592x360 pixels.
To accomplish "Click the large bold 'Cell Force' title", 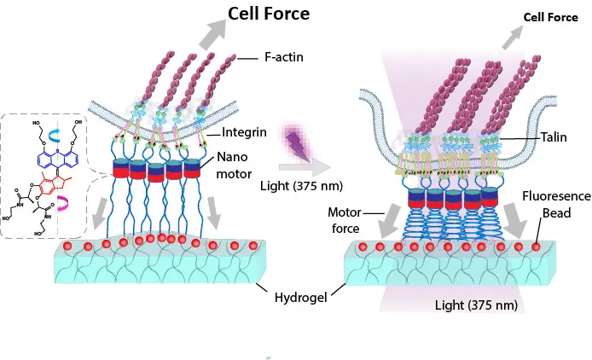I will click(267, 14).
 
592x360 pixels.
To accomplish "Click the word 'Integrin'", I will click(247, 133).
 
